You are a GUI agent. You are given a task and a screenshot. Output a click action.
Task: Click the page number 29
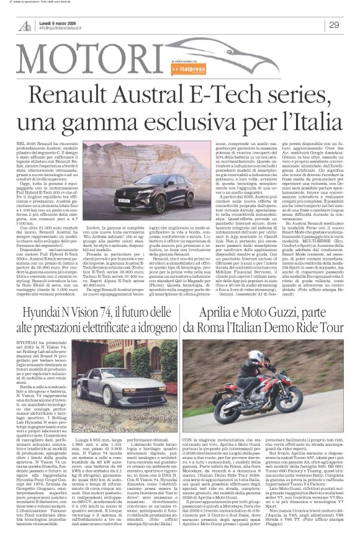(333, 24)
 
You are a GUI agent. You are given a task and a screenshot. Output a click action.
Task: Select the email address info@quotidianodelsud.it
(63, 28)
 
